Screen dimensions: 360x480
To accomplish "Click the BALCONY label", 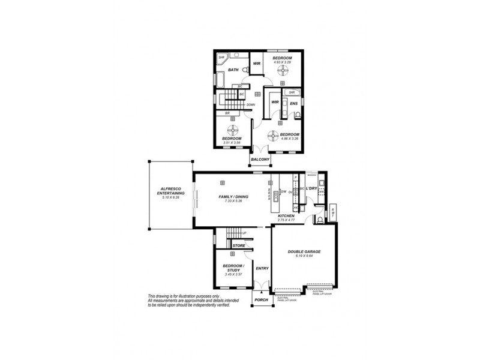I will pyautogui.click(x=259, y=159).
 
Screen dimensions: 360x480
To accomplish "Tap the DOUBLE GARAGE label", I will pyautogui.click(x=303, y=253).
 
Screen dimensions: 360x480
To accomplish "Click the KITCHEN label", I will pyautogui.click(x=285, y=215).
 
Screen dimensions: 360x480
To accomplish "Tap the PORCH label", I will pyautogui.click(x=260, y=299).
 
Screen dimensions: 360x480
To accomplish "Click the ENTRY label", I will pyautogui.click(x=262, y=268).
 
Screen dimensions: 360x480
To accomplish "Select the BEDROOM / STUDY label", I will pyautogui.click(x=233, y=268).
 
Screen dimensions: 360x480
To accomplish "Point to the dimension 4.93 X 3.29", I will pyautogui.click(x=282, y=62).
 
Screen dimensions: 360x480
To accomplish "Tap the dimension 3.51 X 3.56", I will pyautogui.click(x=232, y=143).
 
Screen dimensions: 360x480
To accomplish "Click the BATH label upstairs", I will pyautogui.click(x=233, y=70).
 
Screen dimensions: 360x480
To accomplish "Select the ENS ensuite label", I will pyautogui.click(x=293, y=104).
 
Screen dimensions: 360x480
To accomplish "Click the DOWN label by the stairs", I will pyautogui.click(x=250, y=104).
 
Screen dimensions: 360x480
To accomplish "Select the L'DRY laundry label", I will pyautogui.click(x=311, y=189).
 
